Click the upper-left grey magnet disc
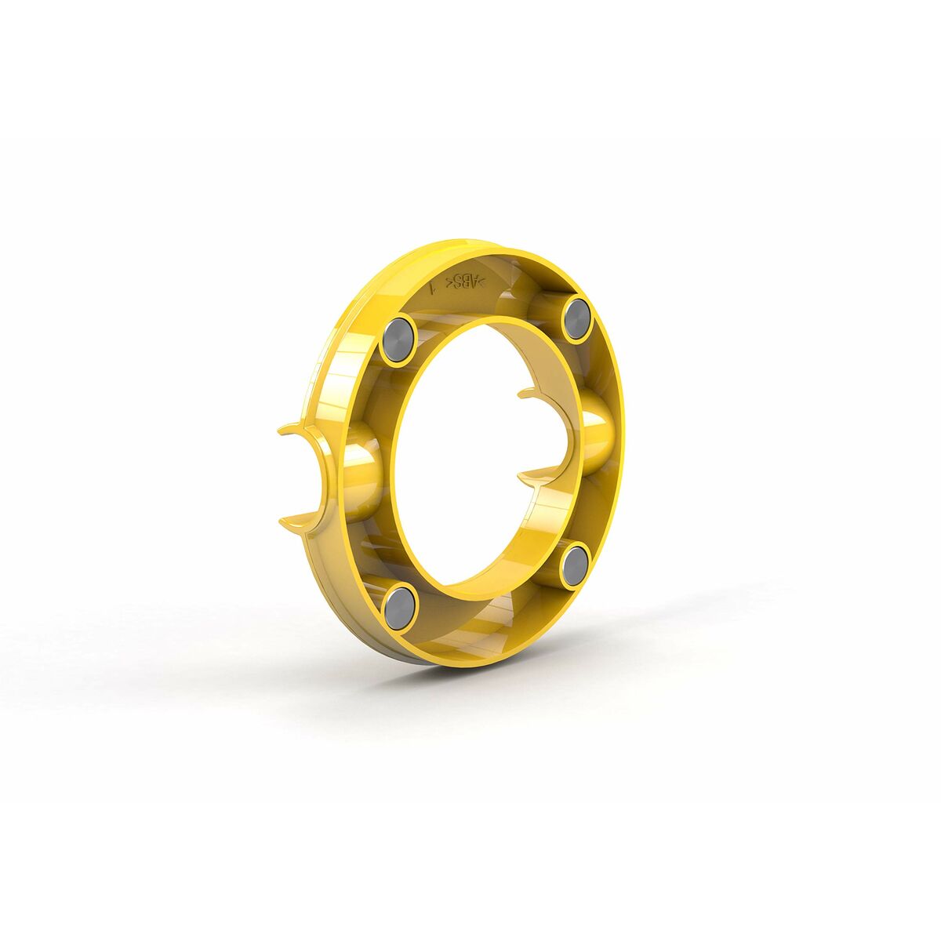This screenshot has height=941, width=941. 398,340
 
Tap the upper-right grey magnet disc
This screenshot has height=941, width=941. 577,319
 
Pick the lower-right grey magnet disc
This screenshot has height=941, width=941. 576,565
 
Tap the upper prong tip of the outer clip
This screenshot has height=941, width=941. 285,429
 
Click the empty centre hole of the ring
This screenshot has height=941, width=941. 470,455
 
